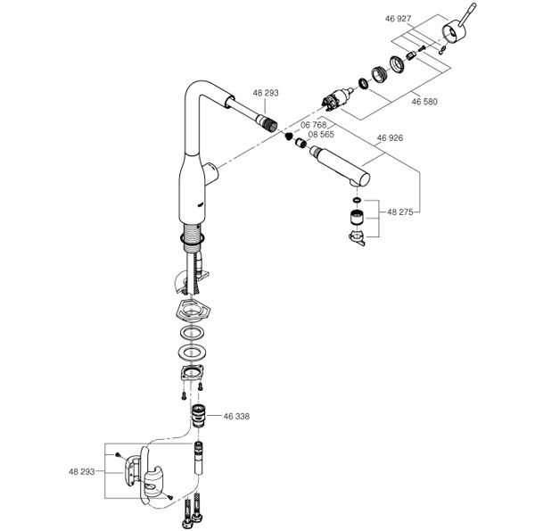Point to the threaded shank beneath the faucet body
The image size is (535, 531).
tap(190, 234)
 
